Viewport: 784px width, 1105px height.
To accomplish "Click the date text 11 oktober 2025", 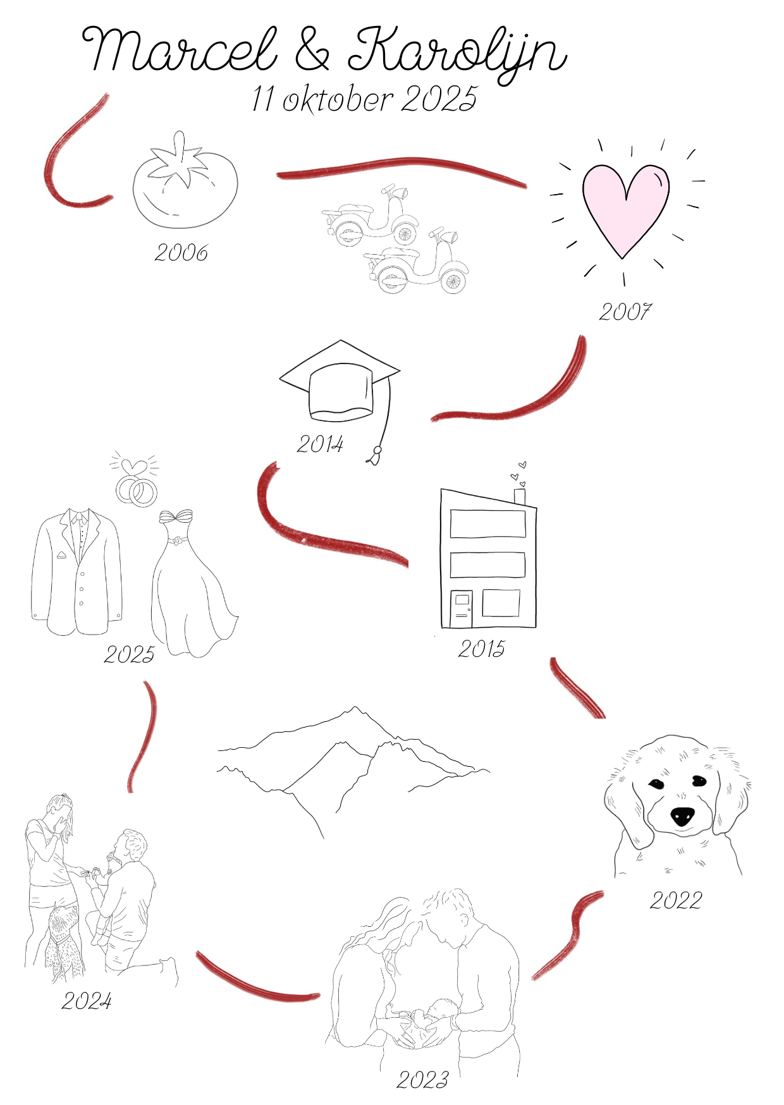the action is coord(364,99).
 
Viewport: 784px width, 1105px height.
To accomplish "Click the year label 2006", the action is coord(181,253).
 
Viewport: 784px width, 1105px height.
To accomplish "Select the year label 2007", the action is coord(625,312).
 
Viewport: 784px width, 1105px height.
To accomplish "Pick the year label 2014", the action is coord(320,444).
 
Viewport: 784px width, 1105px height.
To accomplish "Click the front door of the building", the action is coord(462,608).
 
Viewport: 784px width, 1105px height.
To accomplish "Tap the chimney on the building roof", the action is coord(520,497).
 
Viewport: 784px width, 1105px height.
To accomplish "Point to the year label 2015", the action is coord(482,649).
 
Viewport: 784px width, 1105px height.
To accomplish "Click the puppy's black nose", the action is coord(682,816).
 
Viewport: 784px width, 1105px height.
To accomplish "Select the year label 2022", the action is coord(676,900).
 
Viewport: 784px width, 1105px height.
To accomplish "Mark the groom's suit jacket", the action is coord(77,572).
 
